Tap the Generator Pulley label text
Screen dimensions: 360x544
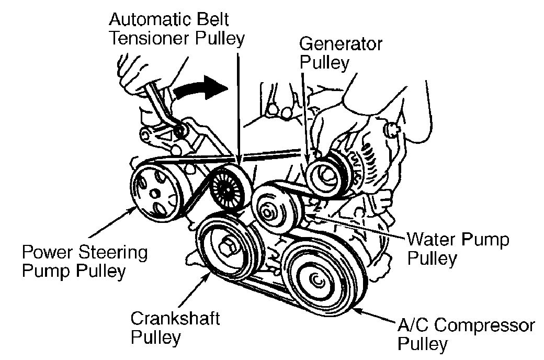(x=340, y=53)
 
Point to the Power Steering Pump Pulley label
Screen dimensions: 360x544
(x=84, y=262)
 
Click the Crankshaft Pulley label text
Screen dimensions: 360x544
(x=175, y=327)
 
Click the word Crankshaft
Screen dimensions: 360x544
(x=175, y=318)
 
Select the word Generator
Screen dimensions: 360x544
(x=340, y=44)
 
